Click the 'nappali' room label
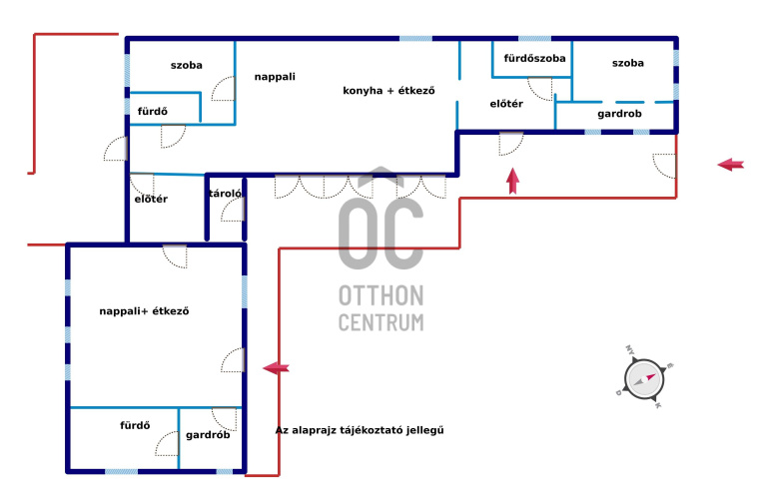[x=275, y=77]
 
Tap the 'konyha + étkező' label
[x=388, y=90]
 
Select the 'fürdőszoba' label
[x=534, y=58]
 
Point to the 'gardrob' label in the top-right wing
[x=619, y=114]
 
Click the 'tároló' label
[x=225, y=194]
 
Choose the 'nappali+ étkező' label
[x=144, y=311]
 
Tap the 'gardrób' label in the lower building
[x=208, y=435]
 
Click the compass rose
[x=644, y=378]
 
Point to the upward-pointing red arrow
[x=512, y=181]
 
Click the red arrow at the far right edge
[x=731, y=165]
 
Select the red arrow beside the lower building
[x=276, y=368]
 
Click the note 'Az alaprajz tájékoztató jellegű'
[x=360, y=430]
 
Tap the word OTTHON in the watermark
[x=381, y=295]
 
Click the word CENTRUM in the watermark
[x=381, y=322]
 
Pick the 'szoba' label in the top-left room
[x=186, y=65]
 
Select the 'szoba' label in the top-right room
[x=628, y=63]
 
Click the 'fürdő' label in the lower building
[x=135, y=425]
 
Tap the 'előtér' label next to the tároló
[x=151, y=199]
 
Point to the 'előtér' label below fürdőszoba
[x=506, y=104]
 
